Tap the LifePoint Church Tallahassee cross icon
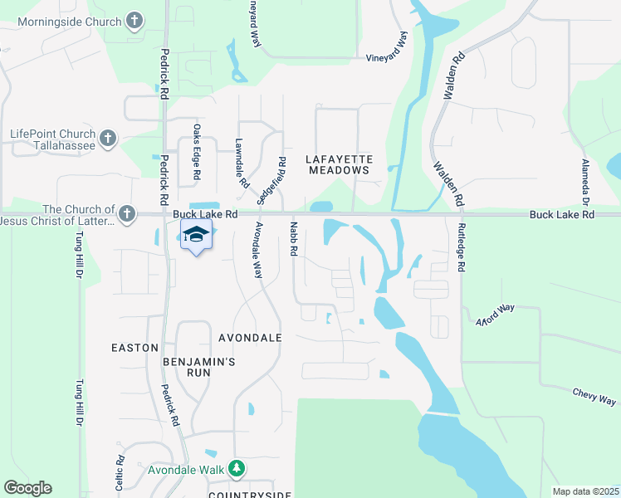coord(108,139)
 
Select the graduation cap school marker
coord(196,235)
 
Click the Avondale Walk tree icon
coord(237,470)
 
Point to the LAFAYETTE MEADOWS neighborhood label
coord(338,164)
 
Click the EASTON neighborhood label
coord(134,348)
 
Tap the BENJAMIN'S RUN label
coord(187,368)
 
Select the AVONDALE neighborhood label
coord(250,338)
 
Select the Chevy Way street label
coord(593,396)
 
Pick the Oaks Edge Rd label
coord(198,153)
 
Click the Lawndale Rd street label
coord(242,162)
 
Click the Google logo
coord(27,488)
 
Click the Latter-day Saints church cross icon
coord(125,214)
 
